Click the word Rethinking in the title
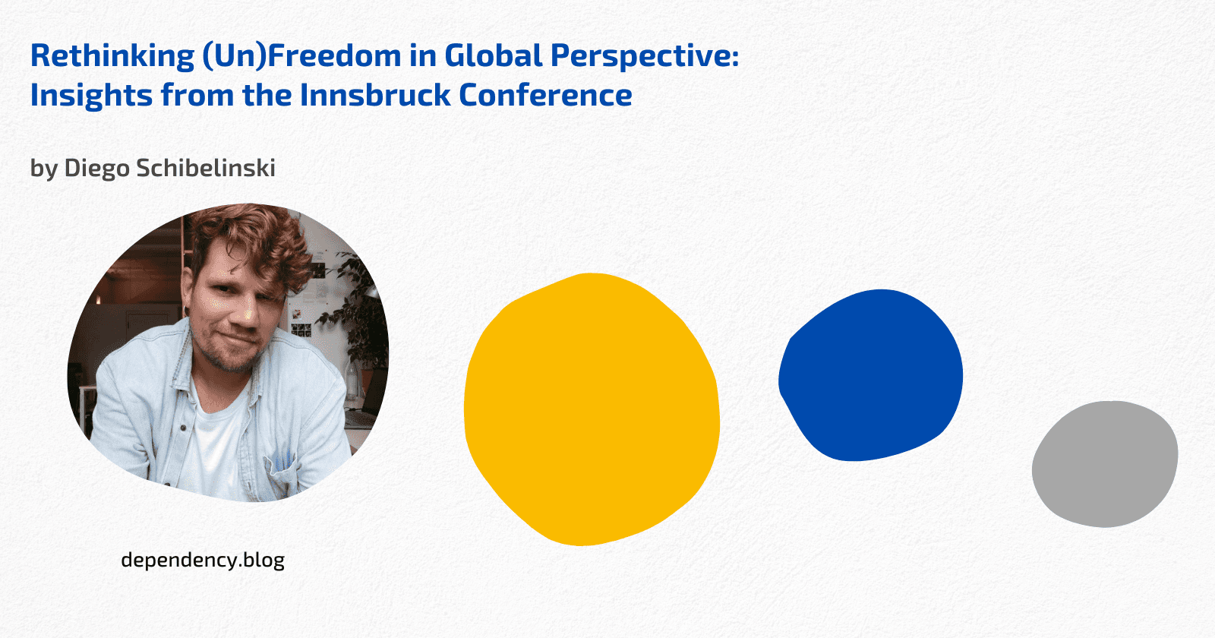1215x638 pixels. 112,56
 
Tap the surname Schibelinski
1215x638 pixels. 206,167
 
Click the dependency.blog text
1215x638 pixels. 203,560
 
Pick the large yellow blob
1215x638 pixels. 591,409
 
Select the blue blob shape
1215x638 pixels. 872,375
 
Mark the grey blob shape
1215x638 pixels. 1104,463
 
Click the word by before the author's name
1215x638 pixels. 44,168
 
